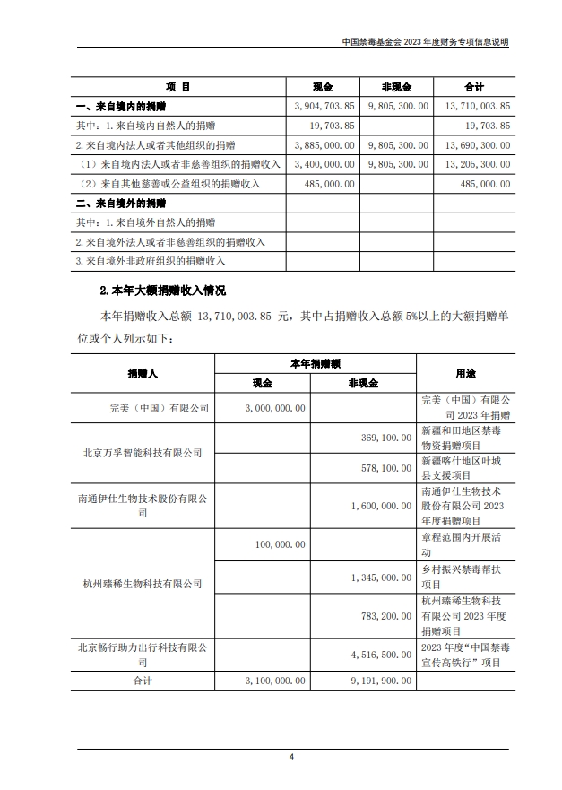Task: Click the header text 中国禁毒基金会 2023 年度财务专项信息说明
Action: tap(427, 42)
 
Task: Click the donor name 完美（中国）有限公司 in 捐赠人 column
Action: tap(157, 407)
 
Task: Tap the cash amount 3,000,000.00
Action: tap(275, 407)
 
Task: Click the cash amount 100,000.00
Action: tap(281, 544)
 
